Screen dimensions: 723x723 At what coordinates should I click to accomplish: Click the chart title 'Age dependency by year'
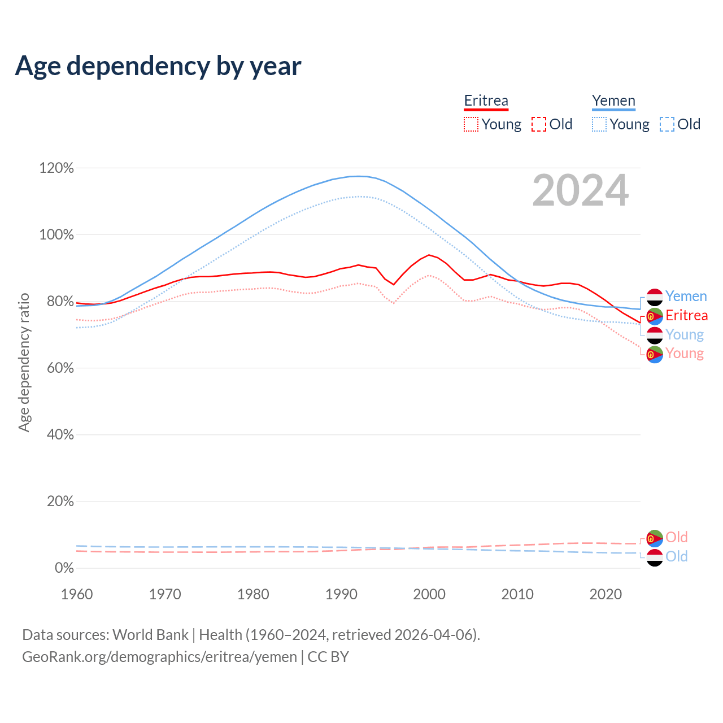pyautogui.click(x=158, y=66)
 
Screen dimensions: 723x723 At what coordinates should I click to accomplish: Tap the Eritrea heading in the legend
pyautogui.click(x=486, y=101)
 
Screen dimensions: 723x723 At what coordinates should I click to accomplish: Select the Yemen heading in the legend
pyautogui.click(x=613, y=101)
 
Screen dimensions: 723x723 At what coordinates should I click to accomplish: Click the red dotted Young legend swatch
pyautogui.click(x=471, y=124)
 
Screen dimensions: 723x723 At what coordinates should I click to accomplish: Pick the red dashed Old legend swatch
pyautogui.click(x=539, y=124)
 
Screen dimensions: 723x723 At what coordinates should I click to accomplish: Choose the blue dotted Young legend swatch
pyautogui.click(x=599, y=124)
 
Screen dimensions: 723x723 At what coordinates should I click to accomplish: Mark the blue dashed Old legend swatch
pyautogui.click(x=667, y=124)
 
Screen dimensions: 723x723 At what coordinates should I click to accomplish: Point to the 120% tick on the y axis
pyautogui.click(x=56, y=168)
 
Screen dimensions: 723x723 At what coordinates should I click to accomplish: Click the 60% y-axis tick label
pyautogui.click(x=59, y=368)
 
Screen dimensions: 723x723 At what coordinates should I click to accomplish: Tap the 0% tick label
pyautogui.click(x=64, y=568)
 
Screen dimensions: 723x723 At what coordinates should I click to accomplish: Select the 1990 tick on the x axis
pyautogui.click(x=341, y=594)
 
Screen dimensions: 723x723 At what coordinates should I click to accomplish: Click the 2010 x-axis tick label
pyautogui.click(x=517, y=594)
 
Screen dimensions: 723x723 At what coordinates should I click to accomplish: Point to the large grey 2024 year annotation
pyautogui.click(x=580, y=191)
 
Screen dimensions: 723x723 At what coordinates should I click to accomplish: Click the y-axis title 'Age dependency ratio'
pyautogui.click(x=24, y=362)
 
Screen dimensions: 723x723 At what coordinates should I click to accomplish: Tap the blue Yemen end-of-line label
pyautogui.click(x=686, y=297)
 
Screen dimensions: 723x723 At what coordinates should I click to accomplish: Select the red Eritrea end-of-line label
pyautogui.click(x=686, y=315)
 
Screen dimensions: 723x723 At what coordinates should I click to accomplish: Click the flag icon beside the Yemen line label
pyautogui.click(x=655, y=297)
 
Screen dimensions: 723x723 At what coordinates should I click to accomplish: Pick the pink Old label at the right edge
pyautogui.click(x=676, y=537)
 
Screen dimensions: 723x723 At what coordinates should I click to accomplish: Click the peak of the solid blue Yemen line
pyautogui.click(x=358, y=176)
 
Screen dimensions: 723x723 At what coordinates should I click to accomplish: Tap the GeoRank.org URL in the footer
pyautogui.click(x=159, y=657)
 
